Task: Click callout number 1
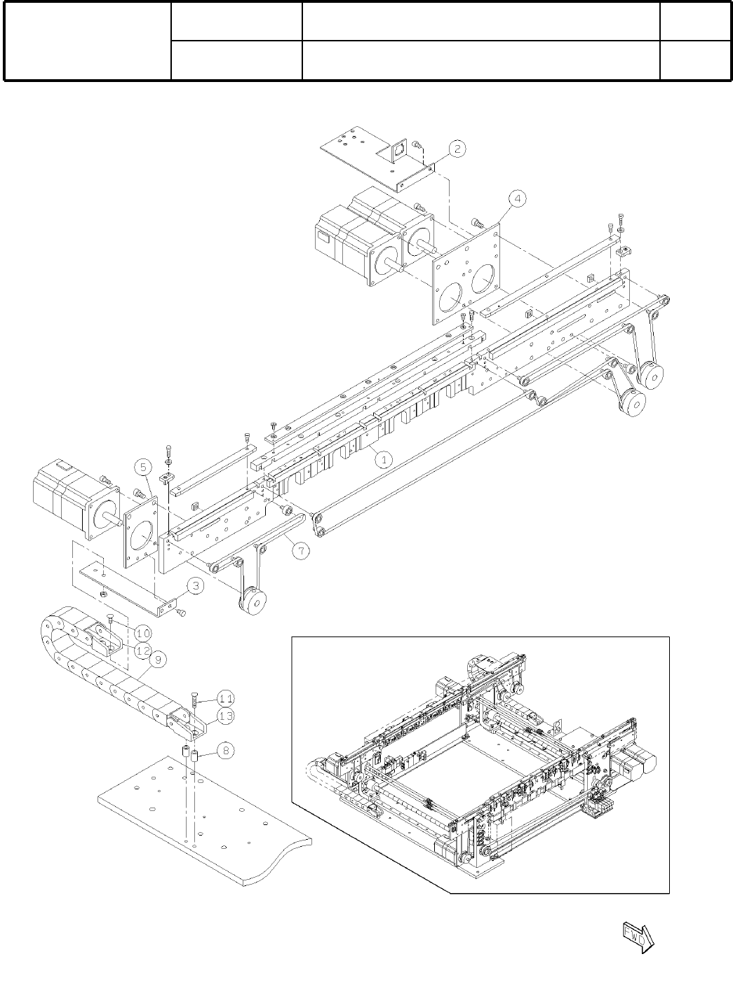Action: coord(384,459)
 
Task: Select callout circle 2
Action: coord(457,149)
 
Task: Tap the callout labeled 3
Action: coord(198,587)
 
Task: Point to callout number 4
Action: coord(516,200)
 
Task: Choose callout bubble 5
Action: coord(142,467)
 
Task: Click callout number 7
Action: coord(300,552)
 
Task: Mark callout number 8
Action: coord(224,751)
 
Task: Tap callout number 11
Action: coord(225,698)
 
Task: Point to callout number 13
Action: coord(225,715)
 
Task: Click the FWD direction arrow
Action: coord(638,938)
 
